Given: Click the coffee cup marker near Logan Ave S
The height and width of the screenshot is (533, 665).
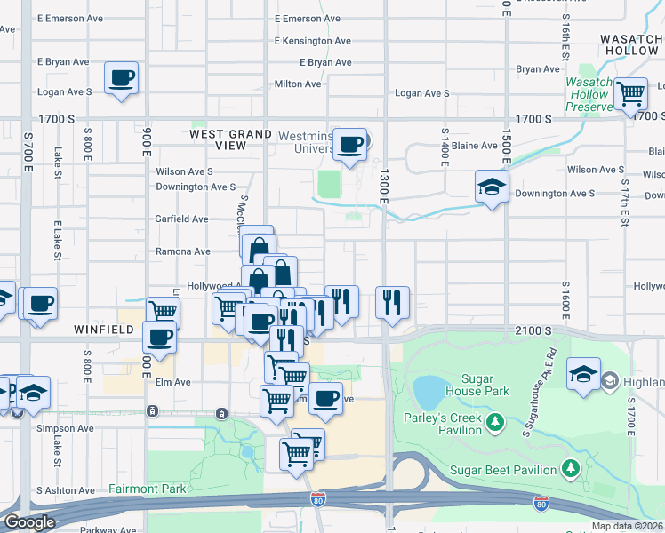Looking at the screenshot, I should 121,77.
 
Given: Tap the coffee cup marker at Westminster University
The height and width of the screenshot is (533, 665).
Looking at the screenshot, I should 351,143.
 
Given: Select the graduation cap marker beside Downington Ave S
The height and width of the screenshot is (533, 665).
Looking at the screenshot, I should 491,187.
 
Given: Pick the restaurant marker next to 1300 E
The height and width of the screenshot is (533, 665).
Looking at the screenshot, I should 392,303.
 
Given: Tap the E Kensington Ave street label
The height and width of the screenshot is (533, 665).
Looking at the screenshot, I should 314,41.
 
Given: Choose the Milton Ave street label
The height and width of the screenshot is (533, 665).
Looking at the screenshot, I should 297,84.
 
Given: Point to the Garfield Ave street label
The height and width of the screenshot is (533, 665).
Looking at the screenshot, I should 182,219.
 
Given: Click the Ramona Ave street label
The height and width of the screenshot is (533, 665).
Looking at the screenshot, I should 184,251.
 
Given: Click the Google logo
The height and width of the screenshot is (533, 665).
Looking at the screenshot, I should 29,522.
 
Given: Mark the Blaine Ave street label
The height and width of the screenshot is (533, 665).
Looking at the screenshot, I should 475,146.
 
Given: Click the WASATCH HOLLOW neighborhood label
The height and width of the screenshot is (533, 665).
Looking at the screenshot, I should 630,45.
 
